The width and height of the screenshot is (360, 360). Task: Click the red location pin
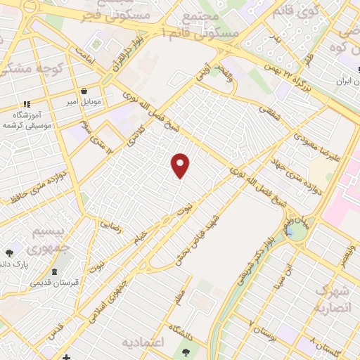pos(181,165)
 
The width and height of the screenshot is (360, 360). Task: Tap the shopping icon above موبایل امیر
pos(84,91)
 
